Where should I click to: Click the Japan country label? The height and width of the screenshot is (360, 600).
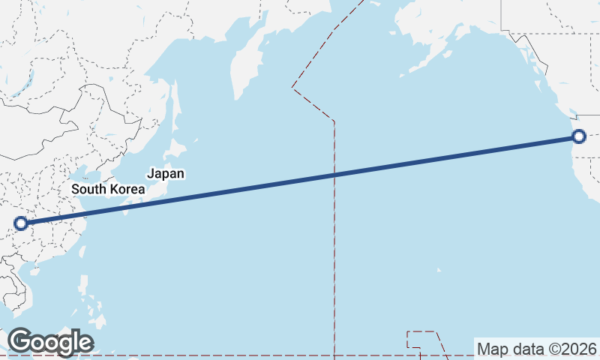(166, 173)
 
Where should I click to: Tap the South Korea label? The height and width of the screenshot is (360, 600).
(108, 189)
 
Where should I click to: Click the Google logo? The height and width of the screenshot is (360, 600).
(50, 342)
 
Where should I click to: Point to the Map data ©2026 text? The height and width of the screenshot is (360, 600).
(537, 349)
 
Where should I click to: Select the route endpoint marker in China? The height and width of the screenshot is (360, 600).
(21, 223)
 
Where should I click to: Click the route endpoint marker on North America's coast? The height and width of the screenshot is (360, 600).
(578, 136)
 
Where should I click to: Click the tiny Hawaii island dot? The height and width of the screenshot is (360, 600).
(439, 270)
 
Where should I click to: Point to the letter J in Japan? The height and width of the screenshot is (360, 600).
(151, 173)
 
